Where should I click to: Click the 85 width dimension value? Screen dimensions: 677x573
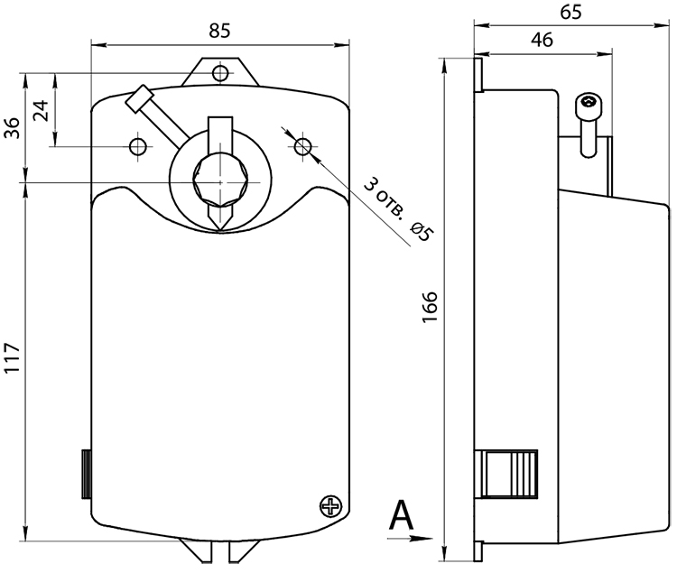tap(220, 31)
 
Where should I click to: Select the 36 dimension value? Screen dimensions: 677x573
tap(12, 127)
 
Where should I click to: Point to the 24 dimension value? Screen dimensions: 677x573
tap(42, 110)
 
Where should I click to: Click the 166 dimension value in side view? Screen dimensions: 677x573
tap(430, 307)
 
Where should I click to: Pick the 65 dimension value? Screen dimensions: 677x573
tap(570, 12)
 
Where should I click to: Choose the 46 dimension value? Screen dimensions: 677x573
tap(542, 40)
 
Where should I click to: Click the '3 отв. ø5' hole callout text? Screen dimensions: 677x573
tap(398, 209)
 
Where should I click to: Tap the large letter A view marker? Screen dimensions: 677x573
tap(401, 515)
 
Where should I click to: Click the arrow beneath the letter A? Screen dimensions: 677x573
tap(410, 538)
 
